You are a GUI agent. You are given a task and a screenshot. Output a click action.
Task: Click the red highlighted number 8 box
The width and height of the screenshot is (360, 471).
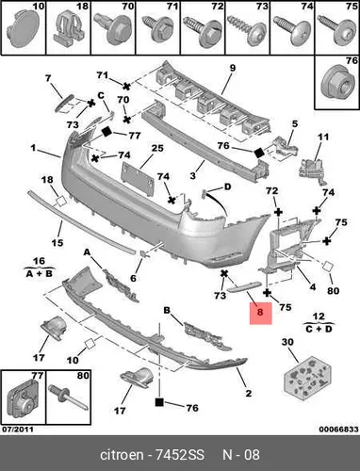(261, 314)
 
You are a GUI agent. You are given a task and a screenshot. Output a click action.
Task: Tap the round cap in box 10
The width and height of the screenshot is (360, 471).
(24, 29)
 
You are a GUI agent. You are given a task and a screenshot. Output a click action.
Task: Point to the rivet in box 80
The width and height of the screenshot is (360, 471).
(68, 399)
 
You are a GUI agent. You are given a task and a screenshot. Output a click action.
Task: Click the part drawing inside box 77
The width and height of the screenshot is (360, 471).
(24, 398)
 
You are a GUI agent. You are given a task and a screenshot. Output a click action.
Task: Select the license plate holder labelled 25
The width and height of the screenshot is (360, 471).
(138, 179)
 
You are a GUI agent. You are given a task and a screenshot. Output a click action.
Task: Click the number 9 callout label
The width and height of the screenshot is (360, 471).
(232, 68)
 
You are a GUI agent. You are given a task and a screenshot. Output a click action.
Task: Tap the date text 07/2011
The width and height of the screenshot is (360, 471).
(18, 430)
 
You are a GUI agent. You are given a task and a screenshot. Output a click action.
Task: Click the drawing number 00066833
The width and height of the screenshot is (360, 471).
(338, 430)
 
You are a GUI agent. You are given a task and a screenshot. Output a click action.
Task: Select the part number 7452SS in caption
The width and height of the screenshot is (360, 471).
(180, 455)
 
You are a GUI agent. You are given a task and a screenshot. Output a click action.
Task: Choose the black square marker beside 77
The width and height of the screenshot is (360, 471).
(106, 132)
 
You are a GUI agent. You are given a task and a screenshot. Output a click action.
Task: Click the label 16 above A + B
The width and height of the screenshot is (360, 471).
(40, 261)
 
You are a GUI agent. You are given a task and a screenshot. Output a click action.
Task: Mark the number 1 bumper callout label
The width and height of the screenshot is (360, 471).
(34, 147)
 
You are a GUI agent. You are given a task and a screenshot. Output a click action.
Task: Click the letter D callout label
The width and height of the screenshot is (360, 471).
(227, 187)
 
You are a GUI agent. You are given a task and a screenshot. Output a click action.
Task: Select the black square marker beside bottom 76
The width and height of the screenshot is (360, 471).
(159, 402)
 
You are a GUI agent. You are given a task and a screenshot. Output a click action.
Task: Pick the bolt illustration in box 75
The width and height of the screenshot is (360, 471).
(336, 29)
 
